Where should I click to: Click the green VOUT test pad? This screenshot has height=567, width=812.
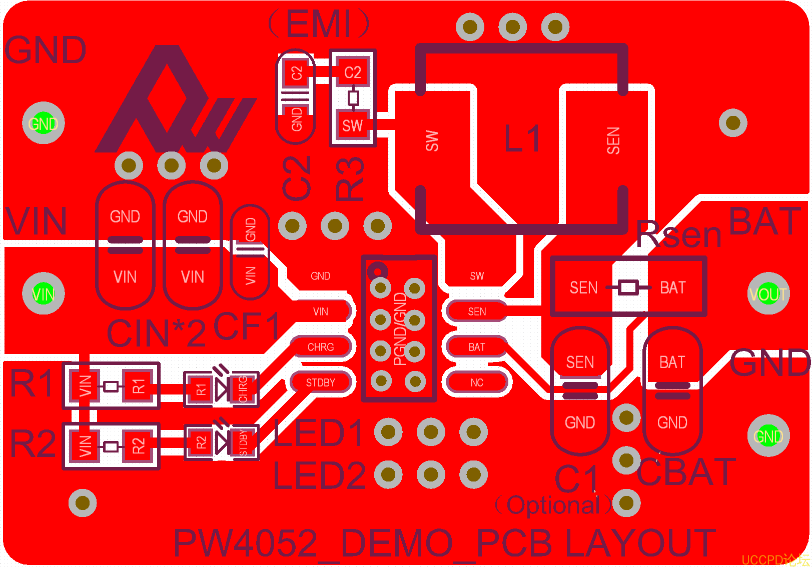(768, 294)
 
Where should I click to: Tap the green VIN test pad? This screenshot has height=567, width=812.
(44, 294)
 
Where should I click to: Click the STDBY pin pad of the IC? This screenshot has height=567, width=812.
(321, 382)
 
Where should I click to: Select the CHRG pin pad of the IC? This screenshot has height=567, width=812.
(321, 347)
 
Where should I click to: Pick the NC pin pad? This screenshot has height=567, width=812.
(477, 382)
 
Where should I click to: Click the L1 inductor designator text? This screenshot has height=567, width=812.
(522, 138)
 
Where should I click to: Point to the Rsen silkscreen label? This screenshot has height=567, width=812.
(679, 234)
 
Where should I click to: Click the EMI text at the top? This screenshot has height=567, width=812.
(319, 23)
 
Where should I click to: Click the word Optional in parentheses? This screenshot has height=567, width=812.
(553, 505)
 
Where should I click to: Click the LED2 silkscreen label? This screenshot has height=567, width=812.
(319, 475)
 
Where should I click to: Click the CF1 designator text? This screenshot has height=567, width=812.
(247, 326)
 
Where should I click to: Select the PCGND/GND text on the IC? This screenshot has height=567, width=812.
(400, 328)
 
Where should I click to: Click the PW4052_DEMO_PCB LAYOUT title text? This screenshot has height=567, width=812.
(444, 543)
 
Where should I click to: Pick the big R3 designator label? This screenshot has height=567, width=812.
(349, 178)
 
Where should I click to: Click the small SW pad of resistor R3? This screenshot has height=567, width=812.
(352, 125)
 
